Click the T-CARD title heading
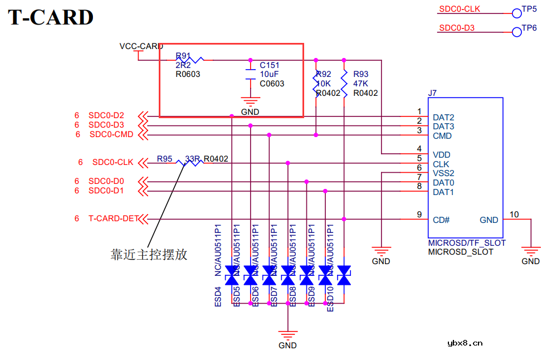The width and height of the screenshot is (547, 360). click(51, 17)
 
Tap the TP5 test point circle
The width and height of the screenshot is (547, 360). click(516, 12)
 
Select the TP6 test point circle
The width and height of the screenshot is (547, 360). click(516, 31)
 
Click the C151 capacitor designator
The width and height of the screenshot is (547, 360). click(270, 65)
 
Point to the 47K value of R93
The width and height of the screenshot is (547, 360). click(361, 84)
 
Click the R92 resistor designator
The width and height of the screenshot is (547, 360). click(324, 74)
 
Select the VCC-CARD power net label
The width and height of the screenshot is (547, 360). click(141, 46)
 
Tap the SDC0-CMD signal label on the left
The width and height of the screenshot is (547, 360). click(111, 134)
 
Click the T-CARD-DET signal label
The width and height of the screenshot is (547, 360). click(114, 218)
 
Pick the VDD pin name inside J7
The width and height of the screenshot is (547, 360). click(441, 154)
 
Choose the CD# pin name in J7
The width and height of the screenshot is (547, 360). click(441, 220)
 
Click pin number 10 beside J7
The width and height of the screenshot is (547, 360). click(514, 215)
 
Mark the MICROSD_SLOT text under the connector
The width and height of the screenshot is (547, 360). click(460, 252)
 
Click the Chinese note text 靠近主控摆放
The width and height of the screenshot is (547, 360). click(149, 255)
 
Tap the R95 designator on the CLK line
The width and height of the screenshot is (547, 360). click(164, 159)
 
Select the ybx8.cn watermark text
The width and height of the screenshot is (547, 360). click(465, 343)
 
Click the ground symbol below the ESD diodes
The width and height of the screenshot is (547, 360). click(287, 336)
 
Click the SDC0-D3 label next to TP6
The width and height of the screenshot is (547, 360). click(457, 28)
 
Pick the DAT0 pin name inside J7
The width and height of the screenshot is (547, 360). click(443, 183)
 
